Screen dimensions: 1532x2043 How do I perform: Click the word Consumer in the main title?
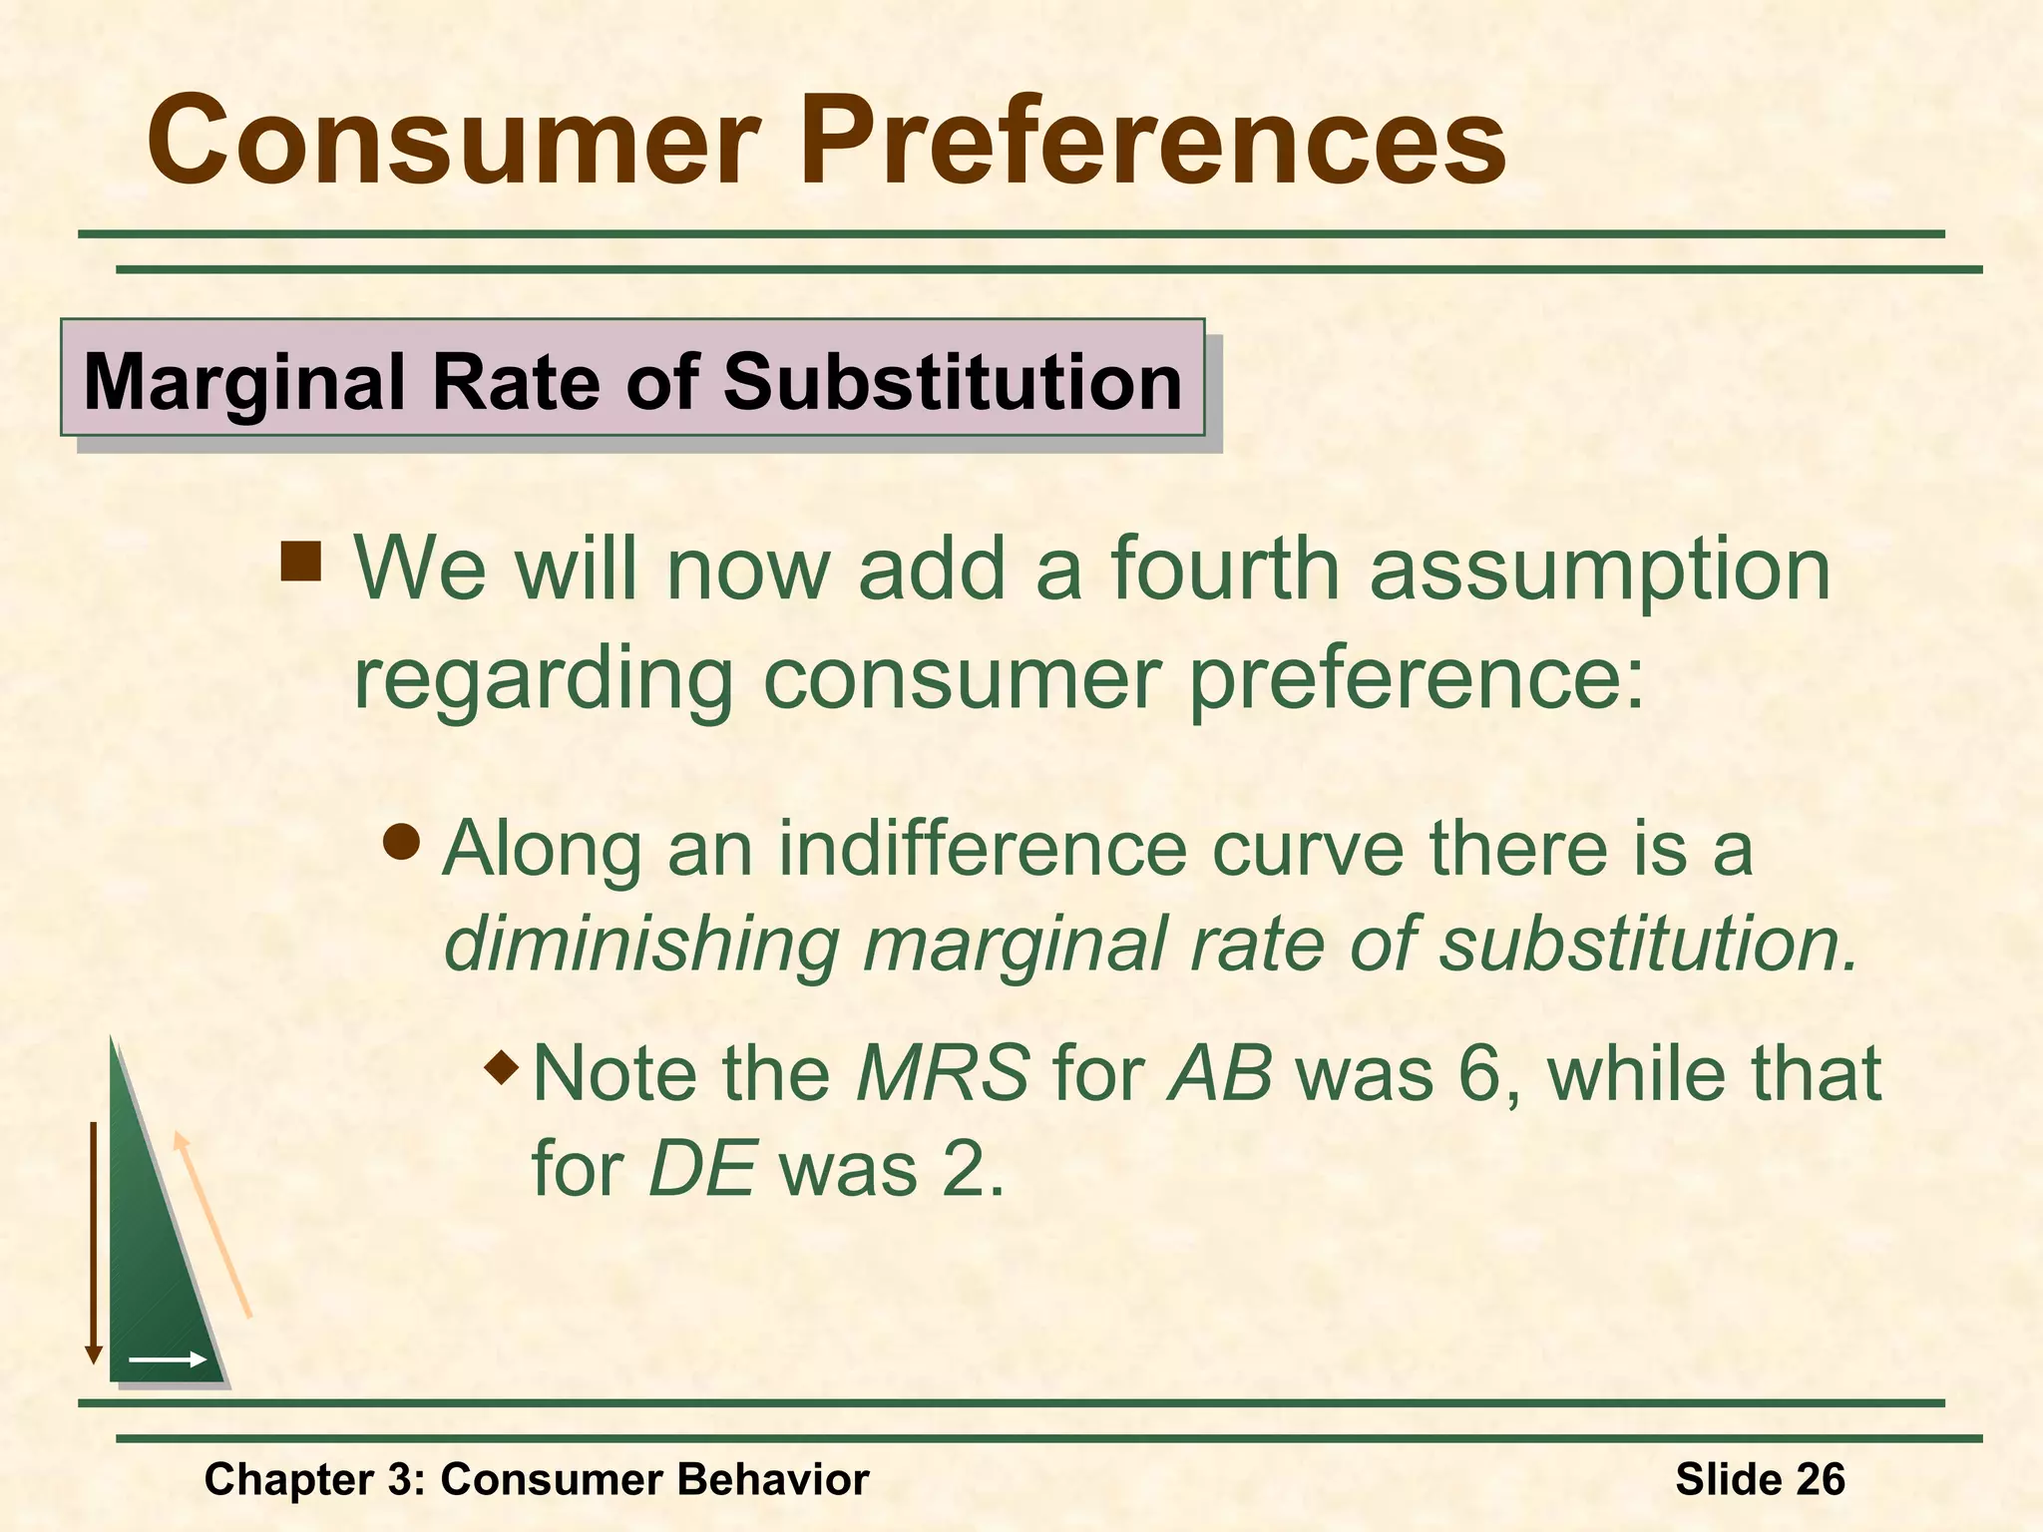(x=454, y=142)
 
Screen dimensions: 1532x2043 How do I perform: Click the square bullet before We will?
(x=300, y=562)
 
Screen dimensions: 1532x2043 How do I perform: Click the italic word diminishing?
(x=641, y=945)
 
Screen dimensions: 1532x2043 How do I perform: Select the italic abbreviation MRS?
(x=943, y=1074)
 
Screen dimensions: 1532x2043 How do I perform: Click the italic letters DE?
(x=701, y=1169)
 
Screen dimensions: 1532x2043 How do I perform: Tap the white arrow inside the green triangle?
(x=168, y=1359)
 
